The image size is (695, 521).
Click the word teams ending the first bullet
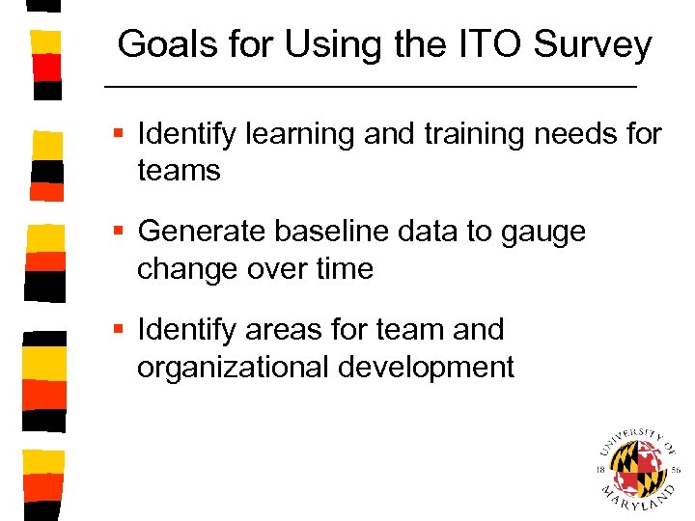click(180, 171)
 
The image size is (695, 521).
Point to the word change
click(188, 268)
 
